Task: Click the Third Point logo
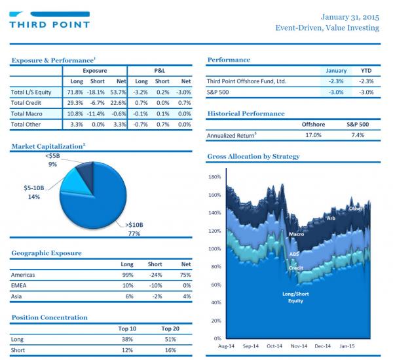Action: click(49, 20)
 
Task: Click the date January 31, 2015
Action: click(350, 17)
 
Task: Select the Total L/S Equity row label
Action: click(31, 92)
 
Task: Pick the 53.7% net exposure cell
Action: click(118, 92)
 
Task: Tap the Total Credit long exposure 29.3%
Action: click(75, 103)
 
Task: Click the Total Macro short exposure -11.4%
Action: click(96, 113)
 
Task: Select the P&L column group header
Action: click(160, 71)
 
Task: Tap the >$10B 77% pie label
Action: click(134, 229)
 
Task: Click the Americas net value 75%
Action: click(185, 275)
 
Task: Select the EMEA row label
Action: click(18, 285)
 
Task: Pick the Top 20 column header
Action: click(170, 329)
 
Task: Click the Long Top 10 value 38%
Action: click(127, 340)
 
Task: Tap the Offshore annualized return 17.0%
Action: click(313, 135)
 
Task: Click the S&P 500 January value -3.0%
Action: click(336, 92)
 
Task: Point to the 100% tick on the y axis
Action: click(215, 249)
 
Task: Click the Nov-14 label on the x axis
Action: click(299, 346)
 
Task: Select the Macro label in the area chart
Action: click(296, 234)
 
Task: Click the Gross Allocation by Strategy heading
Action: click(253, 157)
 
